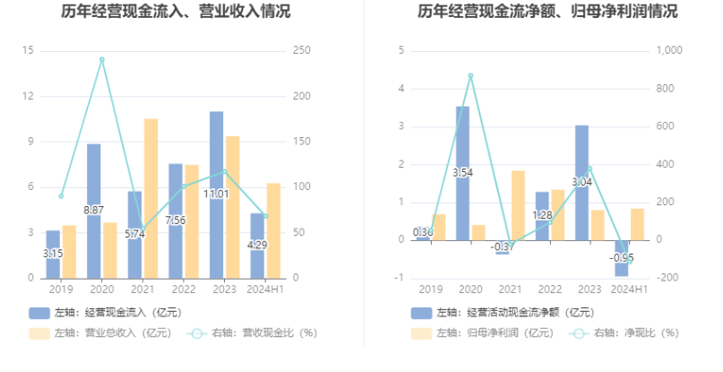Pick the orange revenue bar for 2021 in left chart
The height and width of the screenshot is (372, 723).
pos(151,197)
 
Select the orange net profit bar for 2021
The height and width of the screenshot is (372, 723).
pos(518,204)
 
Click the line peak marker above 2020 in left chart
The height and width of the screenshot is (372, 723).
pos(101,60)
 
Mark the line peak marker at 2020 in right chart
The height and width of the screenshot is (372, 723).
pos(470,75)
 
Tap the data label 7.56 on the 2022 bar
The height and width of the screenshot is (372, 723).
pos(176,221)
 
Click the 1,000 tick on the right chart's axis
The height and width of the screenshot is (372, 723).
pos(669,51)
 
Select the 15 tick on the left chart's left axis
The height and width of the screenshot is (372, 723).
pos(29,51)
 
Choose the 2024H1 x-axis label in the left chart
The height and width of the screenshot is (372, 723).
pos(265,290)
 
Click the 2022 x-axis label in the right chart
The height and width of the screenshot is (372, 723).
pos(549,290)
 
